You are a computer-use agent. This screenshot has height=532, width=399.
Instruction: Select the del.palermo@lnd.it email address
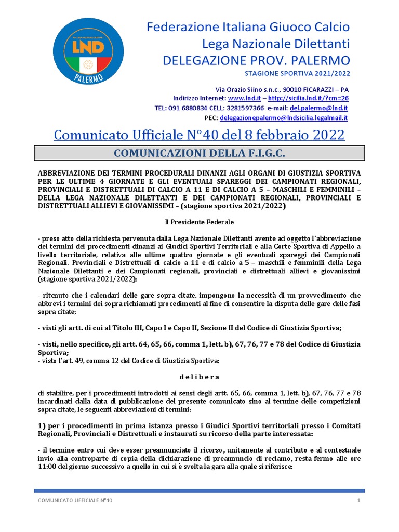pos(319,108)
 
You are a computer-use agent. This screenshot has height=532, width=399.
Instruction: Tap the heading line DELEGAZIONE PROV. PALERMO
pos(256,60)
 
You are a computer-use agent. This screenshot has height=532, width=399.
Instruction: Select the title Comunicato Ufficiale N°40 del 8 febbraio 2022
pos(199,135)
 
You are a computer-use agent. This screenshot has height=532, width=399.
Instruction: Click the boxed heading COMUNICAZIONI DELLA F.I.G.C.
pos(199,153)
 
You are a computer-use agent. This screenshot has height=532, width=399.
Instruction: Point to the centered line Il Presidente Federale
pos(199,222)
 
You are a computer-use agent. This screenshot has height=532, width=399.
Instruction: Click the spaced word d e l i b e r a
pos(199,377)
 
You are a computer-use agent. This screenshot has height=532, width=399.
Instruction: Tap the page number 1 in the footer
pos(358,500)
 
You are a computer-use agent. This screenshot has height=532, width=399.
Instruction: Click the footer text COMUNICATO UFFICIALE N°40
pos(76,500)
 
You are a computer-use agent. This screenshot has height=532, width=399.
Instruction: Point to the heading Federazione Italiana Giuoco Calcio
pos(248,27)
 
